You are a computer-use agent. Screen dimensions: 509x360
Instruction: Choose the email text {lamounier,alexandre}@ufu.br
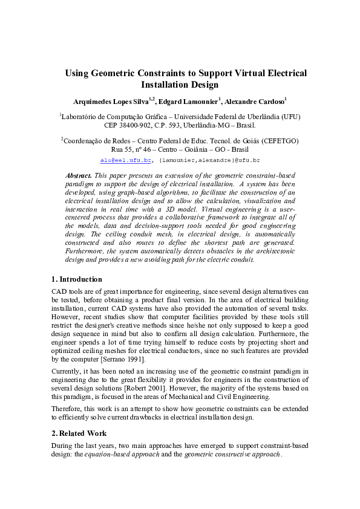coord(209,161)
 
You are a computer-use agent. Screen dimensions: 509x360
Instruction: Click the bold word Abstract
coord(79,175)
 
